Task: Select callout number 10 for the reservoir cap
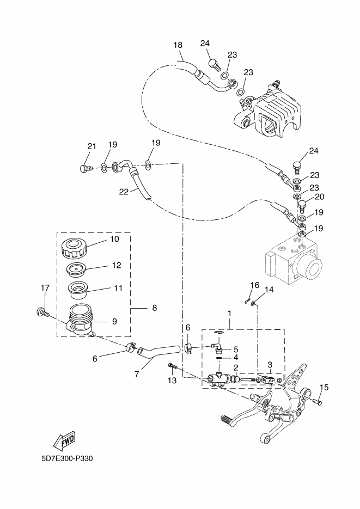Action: tap(114, 239)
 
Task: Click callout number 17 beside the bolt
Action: tap(45, 287)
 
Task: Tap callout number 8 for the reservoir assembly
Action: tap(154, 308)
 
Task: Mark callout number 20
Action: tap(319, 197)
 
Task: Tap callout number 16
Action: tap(254, 285)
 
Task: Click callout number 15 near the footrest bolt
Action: tap(324, 388)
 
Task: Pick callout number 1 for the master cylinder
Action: tap(229, 314)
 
